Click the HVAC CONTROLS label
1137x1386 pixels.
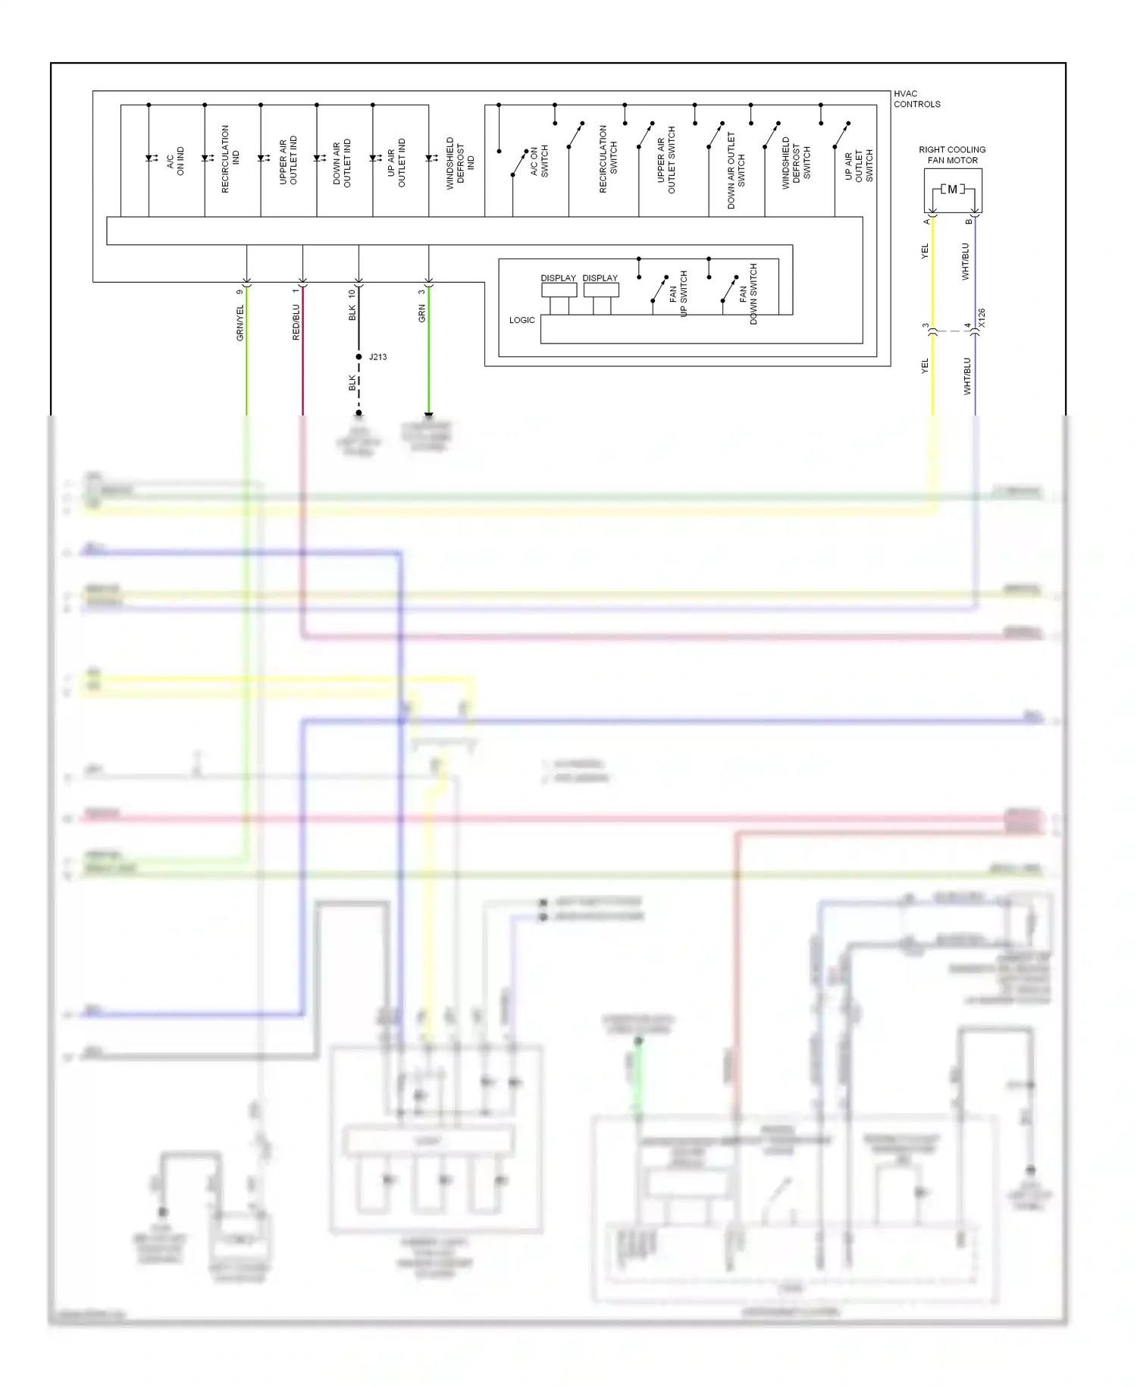click(x=916, y=99)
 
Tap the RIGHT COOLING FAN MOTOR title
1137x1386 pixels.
click(x=952, y=155)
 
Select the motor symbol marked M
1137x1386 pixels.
click(x=953, y=190)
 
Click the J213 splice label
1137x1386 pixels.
click(x=377, y=356)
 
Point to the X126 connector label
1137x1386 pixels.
click(x=982, y=318)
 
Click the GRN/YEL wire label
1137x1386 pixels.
click(x=240, y=322)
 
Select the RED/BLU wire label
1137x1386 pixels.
click(x=296, y=322)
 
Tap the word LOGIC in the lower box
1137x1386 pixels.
click(x=522, y=320)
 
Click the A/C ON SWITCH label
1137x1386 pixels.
click(x=539, y=161)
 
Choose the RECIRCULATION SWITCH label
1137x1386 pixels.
click(x=609, y=159)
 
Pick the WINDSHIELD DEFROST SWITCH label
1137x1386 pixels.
click(x=796, y=162)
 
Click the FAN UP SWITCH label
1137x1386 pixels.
click(x=678, y=293)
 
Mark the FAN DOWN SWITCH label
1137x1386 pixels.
click(x=748, y=294)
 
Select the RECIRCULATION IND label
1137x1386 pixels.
click(x=230, y=159)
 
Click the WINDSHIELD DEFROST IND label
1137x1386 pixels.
click(x=459, y=162)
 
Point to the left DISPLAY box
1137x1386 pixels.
click(x=559, y=290)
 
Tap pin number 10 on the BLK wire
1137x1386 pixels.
click(x=352, y=293)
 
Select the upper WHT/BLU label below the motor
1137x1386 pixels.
click(x=966, y=262)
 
